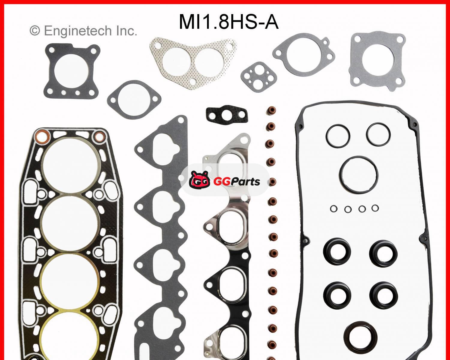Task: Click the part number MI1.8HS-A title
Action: tap(229, 22)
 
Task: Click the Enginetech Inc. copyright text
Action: tap(83, 31)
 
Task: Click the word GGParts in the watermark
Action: tap(236, 181)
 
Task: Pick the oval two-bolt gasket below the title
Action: tap(134, 99)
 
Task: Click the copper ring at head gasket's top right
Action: tap(98, 137)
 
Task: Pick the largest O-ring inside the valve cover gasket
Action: tap(359, 174)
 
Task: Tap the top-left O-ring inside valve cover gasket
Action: tap(338, 136)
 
